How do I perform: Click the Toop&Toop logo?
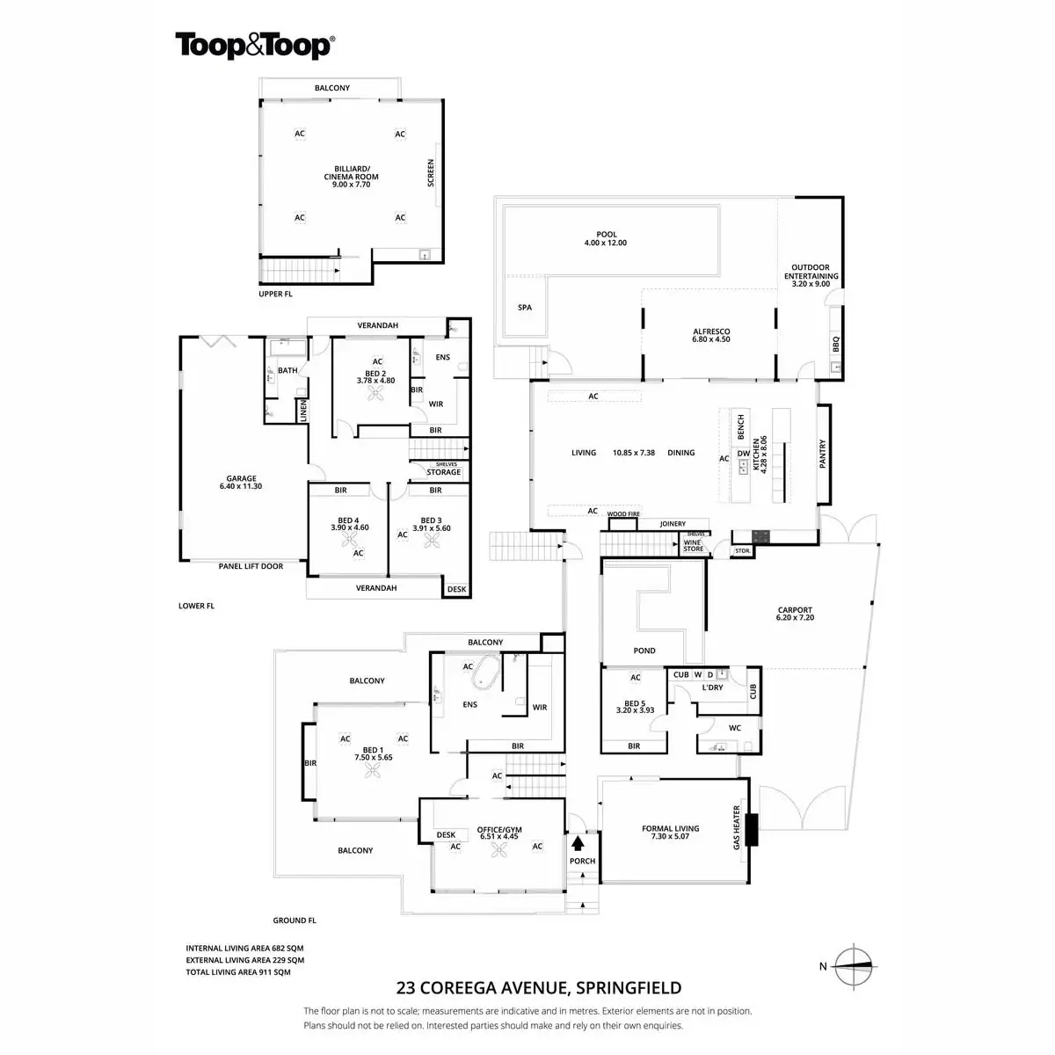(253, 45)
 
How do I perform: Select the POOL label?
(606, 235)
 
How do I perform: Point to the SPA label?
(525, 308)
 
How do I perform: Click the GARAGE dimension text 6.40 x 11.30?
(241, 486)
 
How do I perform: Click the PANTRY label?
(823, 454)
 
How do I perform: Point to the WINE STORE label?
(694, 545)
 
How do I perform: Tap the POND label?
(644, 651)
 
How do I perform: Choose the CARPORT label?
(795, 610)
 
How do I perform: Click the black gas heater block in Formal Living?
(751, 829)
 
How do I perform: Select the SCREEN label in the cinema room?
(431, 172)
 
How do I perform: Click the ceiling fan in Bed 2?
(377, 395)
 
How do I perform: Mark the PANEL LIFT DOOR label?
(251, 566)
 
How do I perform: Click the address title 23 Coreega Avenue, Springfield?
(539, 988)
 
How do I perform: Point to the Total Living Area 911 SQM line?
(237, 972)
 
